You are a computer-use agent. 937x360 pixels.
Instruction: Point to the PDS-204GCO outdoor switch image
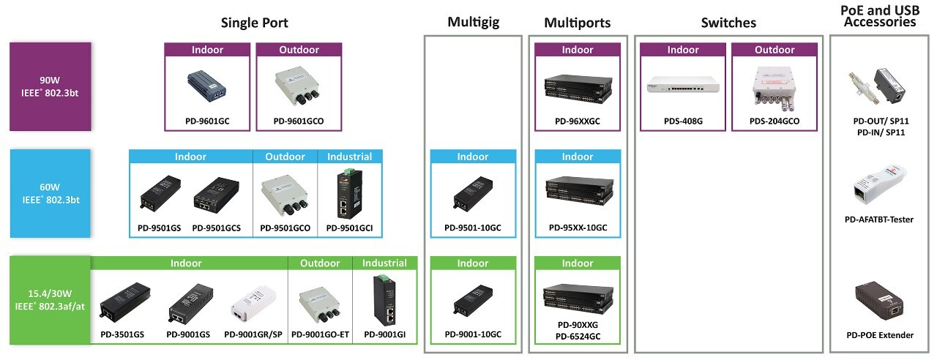click(x=774, y=86)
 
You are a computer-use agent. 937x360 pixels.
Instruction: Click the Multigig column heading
click(x=473, y=23)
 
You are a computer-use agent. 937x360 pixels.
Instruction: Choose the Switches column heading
click(x=728, y=23)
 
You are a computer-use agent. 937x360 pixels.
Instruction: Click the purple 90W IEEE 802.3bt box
click(x=50, y=86)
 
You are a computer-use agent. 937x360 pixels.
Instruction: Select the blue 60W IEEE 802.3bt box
click(x=50, y=193)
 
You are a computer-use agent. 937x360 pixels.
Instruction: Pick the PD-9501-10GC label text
click(x=473, y=228)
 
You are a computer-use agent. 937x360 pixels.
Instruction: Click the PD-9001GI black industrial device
click(x=384, y=300)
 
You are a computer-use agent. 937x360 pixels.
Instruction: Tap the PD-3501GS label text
click(x=122, y=334)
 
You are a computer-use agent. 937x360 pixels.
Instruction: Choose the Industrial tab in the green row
click(x=384, y=263)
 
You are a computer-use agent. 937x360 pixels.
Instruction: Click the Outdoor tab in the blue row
click(x=285, y=157)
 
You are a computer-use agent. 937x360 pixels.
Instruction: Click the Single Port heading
click(x=255, y=23)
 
